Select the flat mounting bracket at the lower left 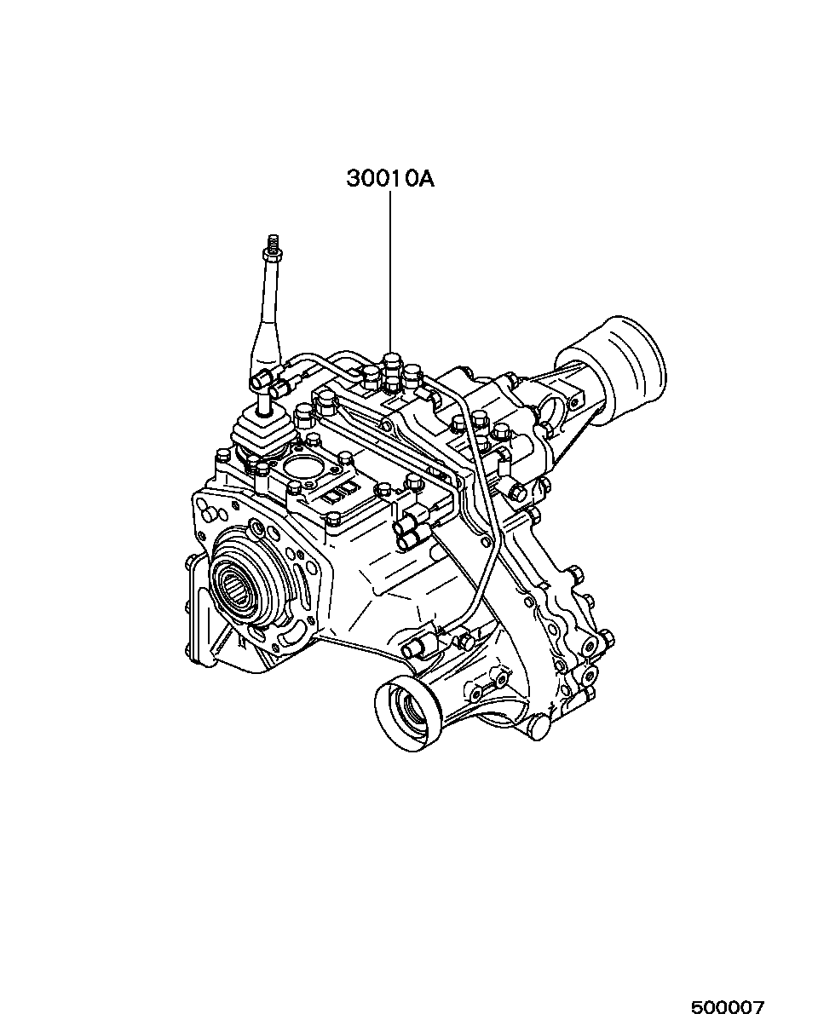(204, 613)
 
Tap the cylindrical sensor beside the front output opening (419, 645)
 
